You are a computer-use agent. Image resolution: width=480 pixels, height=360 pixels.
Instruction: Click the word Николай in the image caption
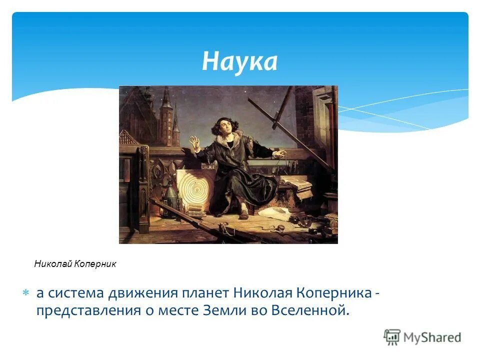point(53,264)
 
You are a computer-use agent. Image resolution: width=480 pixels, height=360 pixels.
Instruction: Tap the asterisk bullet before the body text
point(27,292)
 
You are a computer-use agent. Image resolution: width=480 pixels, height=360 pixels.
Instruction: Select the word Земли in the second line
point(218,310)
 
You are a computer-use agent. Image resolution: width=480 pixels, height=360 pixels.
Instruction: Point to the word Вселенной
point(309,310)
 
